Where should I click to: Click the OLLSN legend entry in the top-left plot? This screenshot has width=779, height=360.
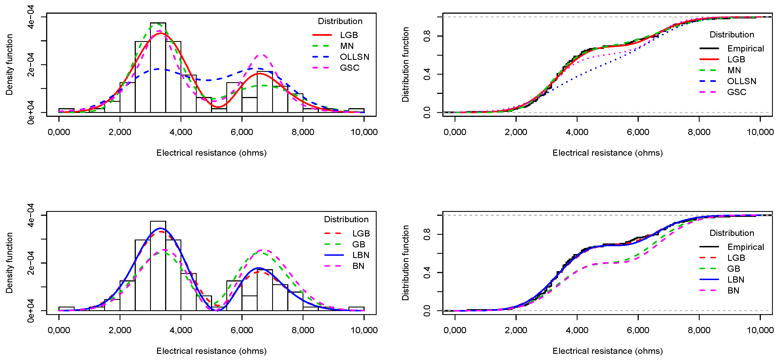coord(354,57)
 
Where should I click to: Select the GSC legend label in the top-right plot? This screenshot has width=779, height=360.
coord(736,92)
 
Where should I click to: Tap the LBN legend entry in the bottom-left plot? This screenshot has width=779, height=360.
coord(360,255)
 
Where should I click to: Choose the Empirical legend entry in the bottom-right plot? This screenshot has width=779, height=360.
coord(745,247)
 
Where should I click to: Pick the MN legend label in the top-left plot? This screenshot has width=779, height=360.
coord(346,46)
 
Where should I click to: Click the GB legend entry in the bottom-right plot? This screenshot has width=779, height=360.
coord(733,269)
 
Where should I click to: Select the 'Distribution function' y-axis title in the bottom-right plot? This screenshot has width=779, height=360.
coord(405,262)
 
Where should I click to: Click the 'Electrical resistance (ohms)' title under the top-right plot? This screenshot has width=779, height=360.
coord(607,153)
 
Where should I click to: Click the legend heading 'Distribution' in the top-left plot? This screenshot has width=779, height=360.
coord(340,21)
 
